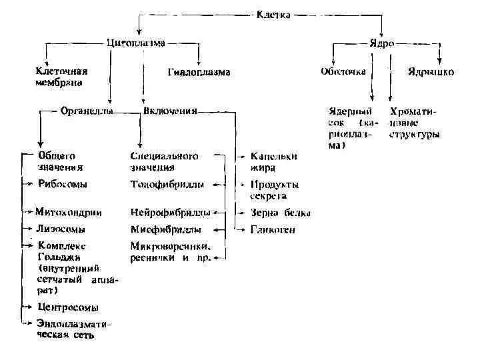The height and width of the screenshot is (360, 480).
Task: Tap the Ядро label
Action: click(x=381, y=43)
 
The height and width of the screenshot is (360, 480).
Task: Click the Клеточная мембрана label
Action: click(x=62, y=76)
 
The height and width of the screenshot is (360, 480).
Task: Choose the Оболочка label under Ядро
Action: click(x=343, y=71)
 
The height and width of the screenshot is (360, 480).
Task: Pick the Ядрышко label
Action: click(x=430, y=71)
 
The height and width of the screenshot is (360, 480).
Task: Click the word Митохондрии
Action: click(x=69, y=213)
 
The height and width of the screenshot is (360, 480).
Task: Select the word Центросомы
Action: click(x=68, y=307)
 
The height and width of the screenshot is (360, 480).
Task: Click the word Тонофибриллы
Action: click(x=167, y=183)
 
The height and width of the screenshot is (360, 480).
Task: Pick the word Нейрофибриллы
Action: click(x=169, y=213)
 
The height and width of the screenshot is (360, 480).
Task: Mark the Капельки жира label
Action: click(x=273, y=162)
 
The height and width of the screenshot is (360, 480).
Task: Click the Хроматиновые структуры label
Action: click(x=414, y=123)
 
